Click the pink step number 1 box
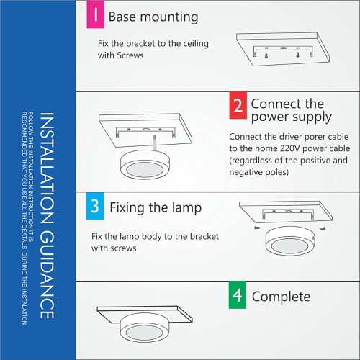click(94, 17)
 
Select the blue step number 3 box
click(94, 208)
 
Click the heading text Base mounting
click(153, 17)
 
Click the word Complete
click(281, 296)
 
